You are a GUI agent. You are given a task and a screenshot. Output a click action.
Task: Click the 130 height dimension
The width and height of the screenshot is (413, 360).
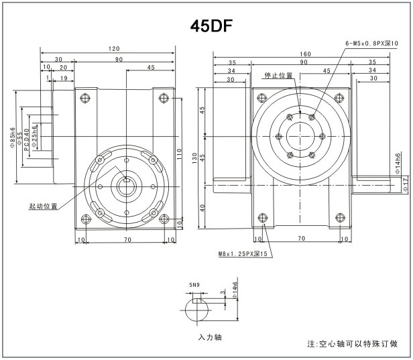[194, 158]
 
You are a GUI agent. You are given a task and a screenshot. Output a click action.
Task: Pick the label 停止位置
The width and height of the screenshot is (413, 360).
[278, 76]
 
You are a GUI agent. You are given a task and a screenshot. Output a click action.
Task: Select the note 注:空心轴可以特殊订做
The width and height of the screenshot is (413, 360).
[352, 344]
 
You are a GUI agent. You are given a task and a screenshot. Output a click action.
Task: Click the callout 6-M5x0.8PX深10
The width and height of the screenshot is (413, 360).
[370, 43]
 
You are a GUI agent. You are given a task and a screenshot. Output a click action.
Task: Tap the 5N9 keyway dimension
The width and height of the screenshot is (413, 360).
[194, 286]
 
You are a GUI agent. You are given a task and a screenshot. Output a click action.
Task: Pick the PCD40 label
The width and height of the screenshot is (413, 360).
[27, 139]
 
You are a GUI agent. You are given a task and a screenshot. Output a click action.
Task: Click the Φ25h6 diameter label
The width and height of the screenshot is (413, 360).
[35, 137]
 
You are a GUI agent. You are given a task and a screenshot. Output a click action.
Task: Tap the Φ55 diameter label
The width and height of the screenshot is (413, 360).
[19, 139]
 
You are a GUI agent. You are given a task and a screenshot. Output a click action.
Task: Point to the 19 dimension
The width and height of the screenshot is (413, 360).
[62, 78]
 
